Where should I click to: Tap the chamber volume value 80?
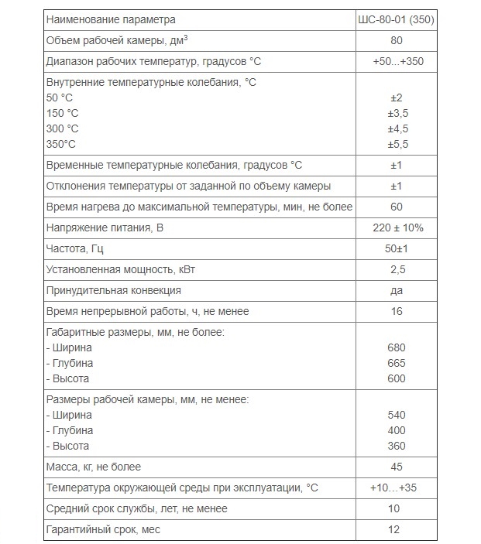click(397, 40)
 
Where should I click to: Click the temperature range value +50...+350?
click(396, 62)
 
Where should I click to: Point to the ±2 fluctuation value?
click(397, 98)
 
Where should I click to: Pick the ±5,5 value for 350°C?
click(397, 144)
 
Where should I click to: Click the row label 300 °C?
click(62, 128)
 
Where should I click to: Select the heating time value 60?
click(397, 207)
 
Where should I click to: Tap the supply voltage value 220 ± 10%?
click(396, 228)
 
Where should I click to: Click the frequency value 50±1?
click(397, 248)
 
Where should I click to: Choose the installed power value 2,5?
click(397, 269)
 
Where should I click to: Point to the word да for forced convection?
click(397, 290)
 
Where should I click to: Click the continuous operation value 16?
click(397, 311)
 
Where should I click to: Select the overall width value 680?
click(396, 347)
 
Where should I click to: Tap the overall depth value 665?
click(396, 363)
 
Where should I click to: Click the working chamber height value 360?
click(396, 446)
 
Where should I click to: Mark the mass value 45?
click(397, 467)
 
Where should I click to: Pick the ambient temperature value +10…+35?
click(396, 488)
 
